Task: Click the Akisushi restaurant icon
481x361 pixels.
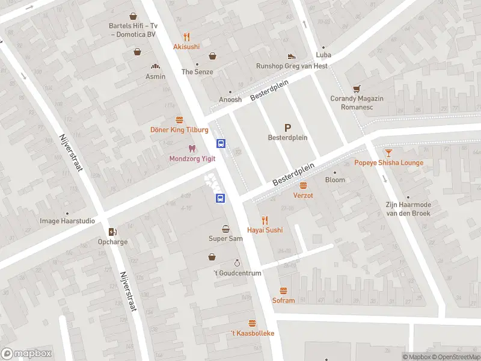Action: point(186,36)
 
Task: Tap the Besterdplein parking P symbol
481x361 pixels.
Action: point(287,128)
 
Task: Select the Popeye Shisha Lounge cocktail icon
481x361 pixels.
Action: point(388,153)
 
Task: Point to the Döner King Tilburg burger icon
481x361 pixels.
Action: point(179,120)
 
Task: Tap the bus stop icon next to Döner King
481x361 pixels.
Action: point(221,143)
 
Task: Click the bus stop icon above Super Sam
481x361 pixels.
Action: point(221,198)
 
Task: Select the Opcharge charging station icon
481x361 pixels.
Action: point(112,232)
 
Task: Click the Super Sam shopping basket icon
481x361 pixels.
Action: point(225,229)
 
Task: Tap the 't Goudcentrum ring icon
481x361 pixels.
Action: point(237,263)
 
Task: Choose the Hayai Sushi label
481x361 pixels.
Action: point(265,230)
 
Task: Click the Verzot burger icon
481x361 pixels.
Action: point(303,186)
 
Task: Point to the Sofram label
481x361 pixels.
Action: point(283,300)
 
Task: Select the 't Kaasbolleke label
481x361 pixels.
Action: point(253,333)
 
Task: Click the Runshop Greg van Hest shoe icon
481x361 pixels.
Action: point(292,56)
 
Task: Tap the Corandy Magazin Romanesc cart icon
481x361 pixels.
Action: point(357,88)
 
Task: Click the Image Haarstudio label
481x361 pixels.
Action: point(67,221)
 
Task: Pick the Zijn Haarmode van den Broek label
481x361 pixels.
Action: point(408,209)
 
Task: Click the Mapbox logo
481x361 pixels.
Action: point(26,354)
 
